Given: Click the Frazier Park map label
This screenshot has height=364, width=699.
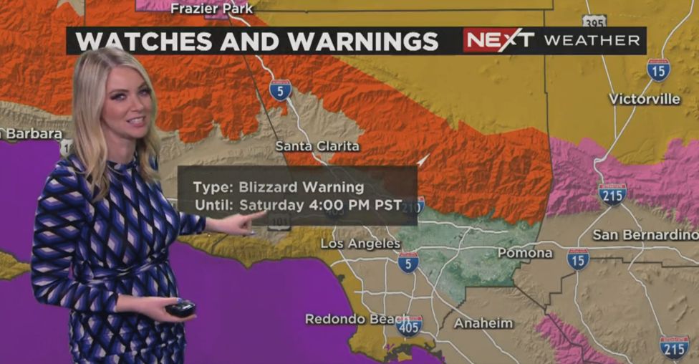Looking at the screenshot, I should coord(211,9).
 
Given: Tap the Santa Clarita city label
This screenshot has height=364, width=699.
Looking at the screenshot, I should coord(317,146).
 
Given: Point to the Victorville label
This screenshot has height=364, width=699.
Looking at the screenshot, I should coord(645,99).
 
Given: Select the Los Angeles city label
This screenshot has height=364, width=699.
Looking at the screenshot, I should coord(360,244).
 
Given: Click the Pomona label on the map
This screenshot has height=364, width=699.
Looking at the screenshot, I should coord(525,253).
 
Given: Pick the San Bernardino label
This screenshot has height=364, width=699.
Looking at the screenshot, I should coord(645,235).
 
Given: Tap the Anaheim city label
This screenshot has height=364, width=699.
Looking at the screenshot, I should coord(483,323).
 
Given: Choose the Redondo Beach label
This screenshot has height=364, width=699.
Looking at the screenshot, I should coord(348,319).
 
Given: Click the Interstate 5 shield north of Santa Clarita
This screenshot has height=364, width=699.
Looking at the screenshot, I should coord(281,90).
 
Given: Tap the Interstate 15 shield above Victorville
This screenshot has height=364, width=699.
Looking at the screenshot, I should coord(658,70).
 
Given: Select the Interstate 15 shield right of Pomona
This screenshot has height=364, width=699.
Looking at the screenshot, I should coord(578,259).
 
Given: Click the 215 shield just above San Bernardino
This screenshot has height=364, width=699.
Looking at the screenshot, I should coord(612,193).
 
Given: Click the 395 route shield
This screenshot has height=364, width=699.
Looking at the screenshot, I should coord(594,21).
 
